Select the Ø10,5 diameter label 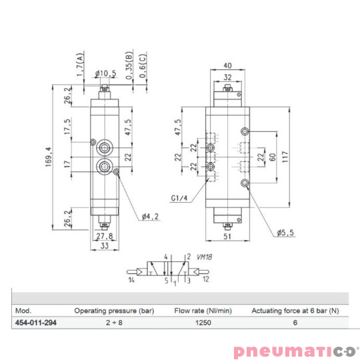coord(107,73)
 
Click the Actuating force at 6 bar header coord(296,310)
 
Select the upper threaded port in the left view coord(105,145)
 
